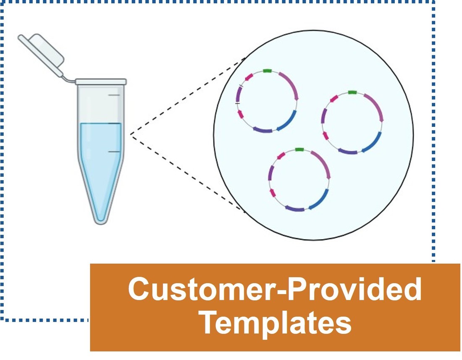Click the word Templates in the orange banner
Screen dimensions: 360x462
click(275, 322)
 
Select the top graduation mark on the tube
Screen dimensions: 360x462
click(114, 95)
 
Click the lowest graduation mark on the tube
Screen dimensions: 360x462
click(114, 151)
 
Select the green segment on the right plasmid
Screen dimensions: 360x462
click(352, 92)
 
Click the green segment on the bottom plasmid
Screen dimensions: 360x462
click(299, 149)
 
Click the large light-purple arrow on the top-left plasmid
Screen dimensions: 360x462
click(290, 84)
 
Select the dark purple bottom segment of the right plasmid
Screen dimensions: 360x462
click(348, 152)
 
